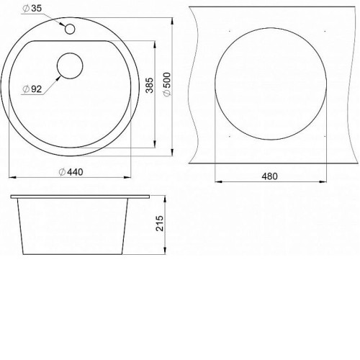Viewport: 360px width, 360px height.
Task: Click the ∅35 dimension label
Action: click(x=32, y=9)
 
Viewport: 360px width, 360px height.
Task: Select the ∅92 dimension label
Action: click(x=32, y=89)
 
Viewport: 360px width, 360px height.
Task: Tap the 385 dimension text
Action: click(x=150, y=85)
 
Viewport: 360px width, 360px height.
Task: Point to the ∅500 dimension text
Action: click(x=167, y=84)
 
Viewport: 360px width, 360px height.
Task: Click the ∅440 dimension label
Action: click(x=71, y=172)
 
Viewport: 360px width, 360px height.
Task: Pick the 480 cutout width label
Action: click(x=270, y=176)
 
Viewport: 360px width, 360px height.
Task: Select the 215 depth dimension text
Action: click(x=160, y=223)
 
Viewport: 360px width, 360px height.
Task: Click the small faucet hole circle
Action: click(x=70, y=29)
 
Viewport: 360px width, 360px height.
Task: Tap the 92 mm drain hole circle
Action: click(x=70, y=66)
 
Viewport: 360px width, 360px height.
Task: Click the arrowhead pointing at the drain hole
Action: click(x=58, y=78)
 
